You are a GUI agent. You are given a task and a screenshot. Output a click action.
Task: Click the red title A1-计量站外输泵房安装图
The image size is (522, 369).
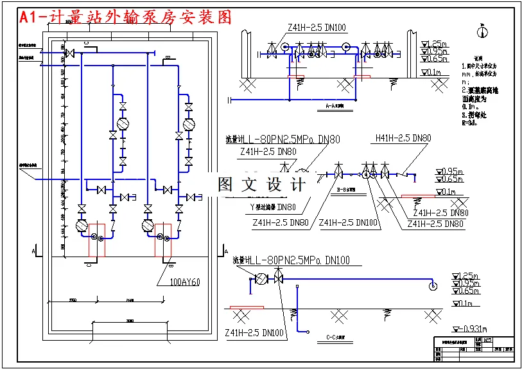coord(126,17)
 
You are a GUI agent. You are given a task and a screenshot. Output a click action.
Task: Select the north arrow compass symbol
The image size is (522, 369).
coord(482,31)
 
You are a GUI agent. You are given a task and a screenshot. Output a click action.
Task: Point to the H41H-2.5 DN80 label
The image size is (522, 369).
coord(403,138)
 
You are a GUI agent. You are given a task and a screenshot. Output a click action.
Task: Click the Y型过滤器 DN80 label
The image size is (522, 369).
coord(272,207)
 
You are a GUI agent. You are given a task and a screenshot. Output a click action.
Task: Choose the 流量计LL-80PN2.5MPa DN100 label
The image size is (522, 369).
coord(291,260)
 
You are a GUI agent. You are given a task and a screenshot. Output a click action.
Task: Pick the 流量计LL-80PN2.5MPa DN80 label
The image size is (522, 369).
coord(283,139)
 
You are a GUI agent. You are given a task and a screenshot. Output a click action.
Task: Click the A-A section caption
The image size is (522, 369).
coord(335,105)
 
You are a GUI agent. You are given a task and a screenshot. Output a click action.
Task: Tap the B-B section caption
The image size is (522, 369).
coord(347,190)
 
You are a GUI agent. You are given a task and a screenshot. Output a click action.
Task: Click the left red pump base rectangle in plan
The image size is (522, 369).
coord(96,239)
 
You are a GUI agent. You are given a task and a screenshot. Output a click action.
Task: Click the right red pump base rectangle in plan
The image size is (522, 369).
coord(162,239)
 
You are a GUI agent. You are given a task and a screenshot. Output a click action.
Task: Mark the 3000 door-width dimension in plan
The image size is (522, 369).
coord(130,321)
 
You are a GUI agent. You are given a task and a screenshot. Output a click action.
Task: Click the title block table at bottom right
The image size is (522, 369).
coord(474,349)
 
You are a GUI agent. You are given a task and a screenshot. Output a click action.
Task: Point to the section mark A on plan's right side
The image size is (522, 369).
coord(225,249)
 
